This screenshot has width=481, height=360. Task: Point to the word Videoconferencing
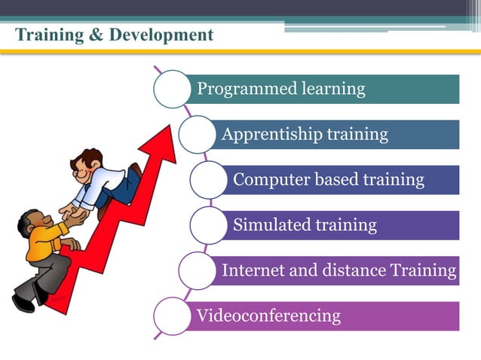coord(268,316)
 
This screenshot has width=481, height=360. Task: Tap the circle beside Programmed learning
coord(172,89)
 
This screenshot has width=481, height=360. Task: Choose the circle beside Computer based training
coord(209,180)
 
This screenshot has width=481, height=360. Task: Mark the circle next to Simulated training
coord(209,224)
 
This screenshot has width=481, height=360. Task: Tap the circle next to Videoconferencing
coord(172,316)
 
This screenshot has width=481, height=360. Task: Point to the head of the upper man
coord(90,162)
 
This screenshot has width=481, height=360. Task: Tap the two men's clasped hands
coord(75,213)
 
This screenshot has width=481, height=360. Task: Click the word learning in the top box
coord(333,90)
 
